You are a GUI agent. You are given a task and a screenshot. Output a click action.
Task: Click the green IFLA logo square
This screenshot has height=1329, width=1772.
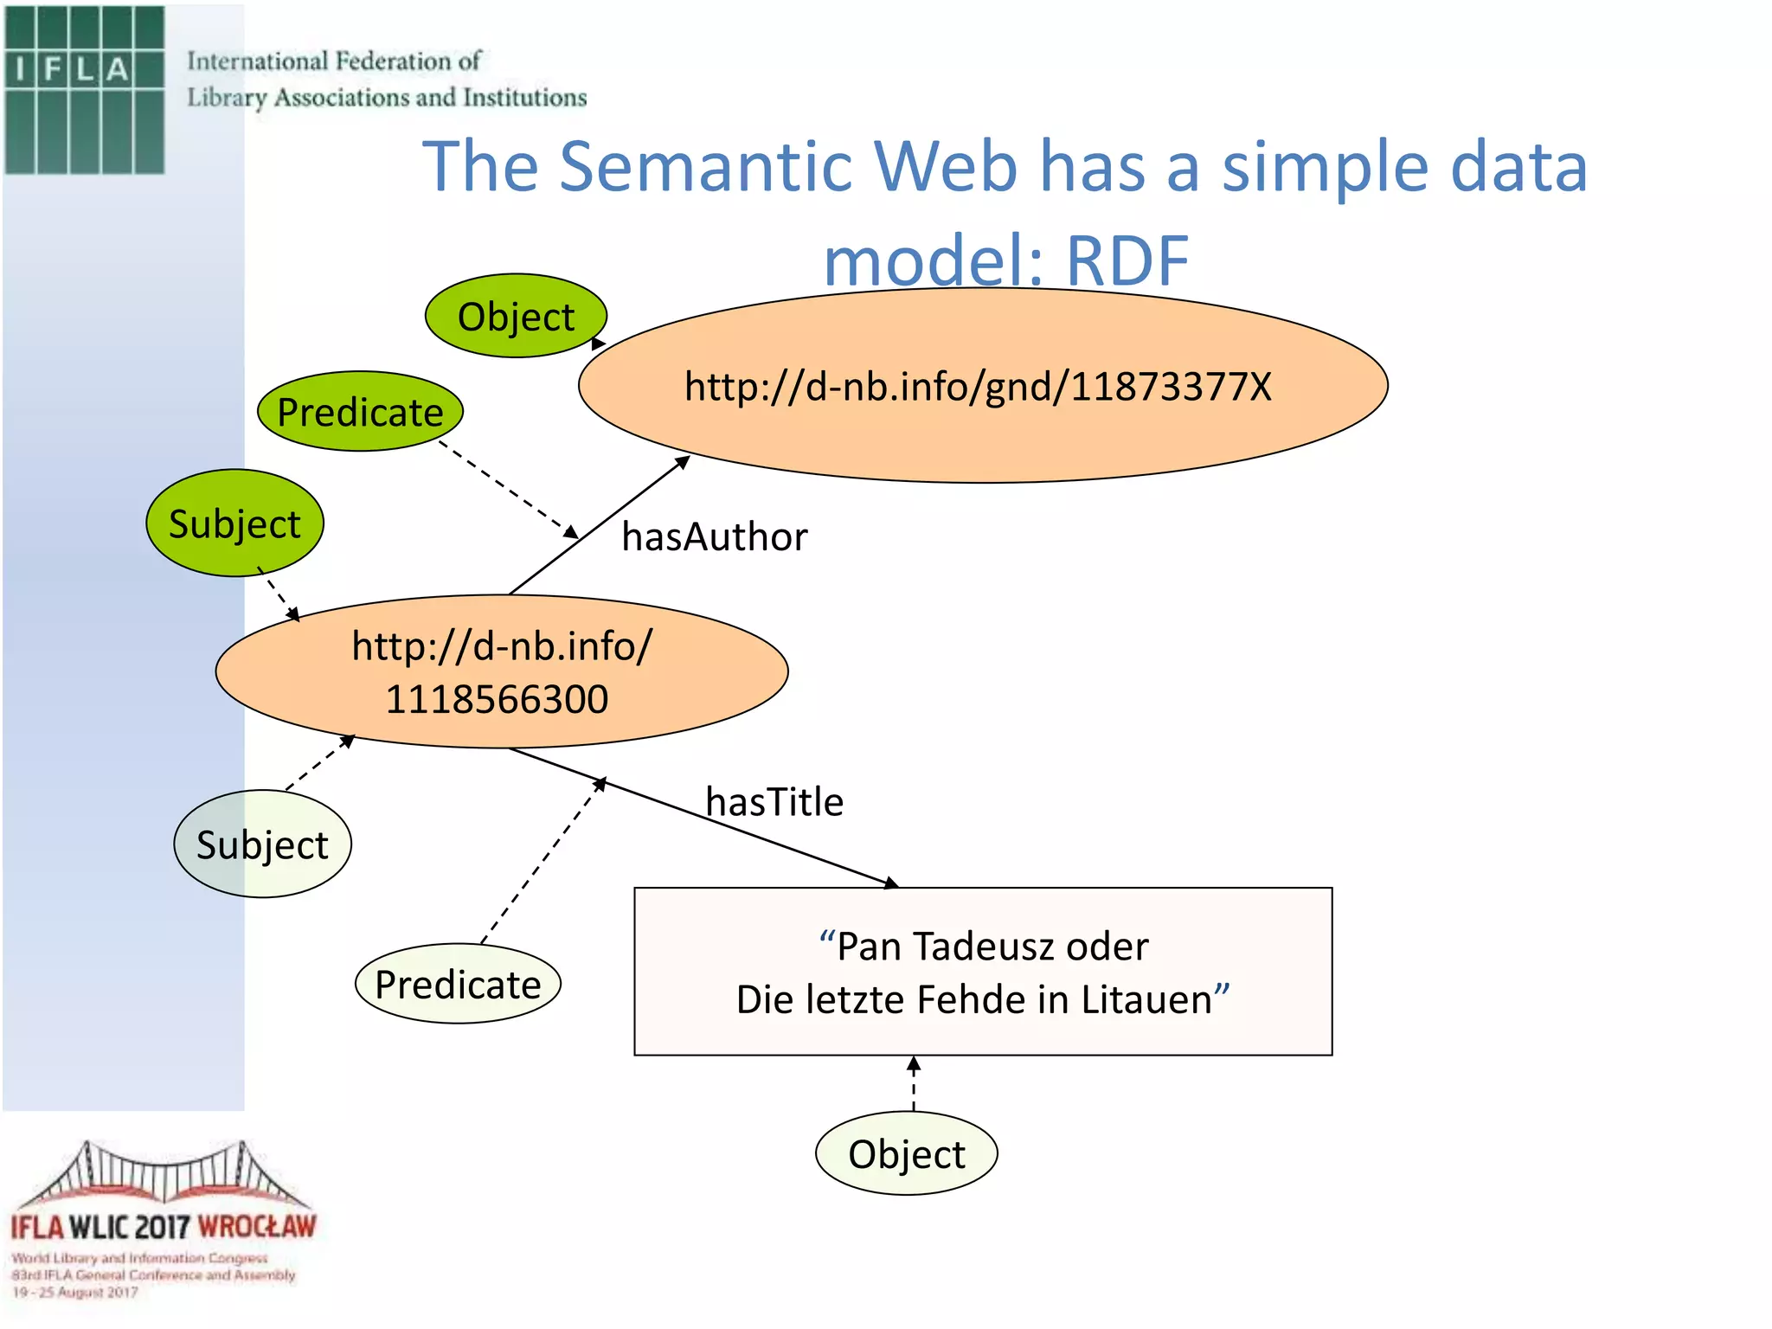84,90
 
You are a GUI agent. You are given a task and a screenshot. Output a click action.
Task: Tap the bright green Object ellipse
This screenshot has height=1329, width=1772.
516,317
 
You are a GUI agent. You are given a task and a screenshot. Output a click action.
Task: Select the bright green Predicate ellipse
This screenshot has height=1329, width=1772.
360,412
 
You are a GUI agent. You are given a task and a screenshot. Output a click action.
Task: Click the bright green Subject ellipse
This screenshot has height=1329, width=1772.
234,523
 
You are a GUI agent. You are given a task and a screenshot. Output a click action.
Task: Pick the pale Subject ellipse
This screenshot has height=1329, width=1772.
262,844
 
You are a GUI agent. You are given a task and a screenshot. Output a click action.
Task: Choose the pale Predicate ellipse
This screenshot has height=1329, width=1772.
458,985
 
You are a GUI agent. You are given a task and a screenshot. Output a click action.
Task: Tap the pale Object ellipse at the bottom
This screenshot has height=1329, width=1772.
906,1154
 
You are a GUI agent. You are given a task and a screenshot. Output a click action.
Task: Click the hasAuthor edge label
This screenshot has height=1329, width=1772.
715,537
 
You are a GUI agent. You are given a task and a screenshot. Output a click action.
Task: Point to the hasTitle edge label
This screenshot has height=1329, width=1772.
774,802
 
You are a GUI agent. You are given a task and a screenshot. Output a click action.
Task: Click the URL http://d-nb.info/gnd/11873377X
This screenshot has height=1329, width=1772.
978,387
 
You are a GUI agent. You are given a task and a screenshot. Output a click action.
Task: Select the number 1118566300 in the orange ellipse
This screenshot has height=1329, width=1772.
498,699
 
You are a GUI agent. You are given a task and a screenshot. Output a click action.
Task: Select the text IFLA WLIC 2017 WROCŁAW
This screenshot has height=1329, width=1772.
164,1227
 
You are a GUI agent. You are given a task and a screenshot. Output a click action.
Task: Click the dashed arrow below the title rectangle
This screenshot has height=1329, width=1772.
914,1084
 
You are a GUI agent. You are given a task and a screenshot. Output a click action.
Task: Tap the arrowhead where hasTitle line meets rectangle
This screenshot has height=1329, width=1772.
891,883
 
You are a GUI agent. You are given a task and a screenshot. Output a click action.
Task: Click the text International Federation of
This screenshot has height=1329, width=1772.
334,61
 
